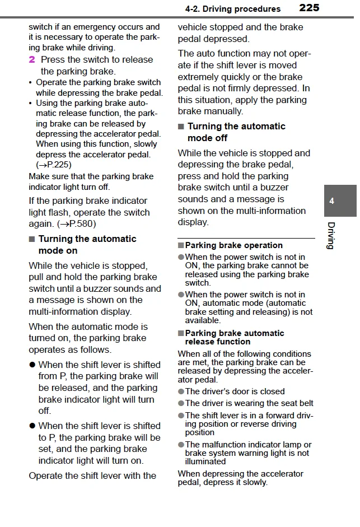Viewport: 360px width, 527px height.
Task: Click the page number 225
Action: pyautogui.click(x=309, y=8)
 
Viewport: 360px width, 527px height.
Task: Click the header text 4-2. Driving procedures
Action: pyautogui.click(x=232, y=9)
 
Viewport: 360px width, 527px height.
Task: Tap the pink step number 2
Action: pyautogui.click(x=32, y=59)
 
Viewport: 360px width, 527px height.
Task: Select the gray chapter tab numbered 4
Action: pyautogui.click(x=332, y=201)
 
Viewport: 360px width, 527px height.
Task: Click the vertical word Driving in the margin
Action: pyautogui.click(x=331, y=236)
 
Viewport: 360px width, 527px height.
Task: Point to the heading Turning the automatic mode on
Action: pyautogui.click(x=87, y=245)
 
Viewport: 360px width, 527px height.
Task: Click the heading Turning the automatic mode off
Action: pyautogui.click(x=236, y=132)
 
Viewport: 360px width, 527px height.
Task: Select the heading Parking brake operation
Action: pyautogui.click(x=233, y=245)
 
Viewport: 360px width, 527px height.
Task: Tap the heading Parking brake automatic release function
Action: pyautogui.click(x=234, y=337)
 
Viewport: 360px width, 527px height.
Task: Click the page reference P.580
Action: pyautogui.click(x=81, y=224)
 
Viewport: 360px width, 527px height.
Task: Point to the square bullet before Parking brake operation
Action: pyautogui.click(x=181, y=245)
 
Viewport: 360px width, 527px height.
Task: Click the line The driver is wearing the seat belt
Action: pyautogui.click(x=249, y=403)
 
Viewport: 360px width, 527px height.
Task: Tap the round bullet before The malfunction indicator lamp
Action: pyautogui.click(x=181, y=445)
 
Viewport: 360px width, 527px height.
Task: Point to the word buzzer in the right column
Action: pyautogui.click(x=274, y=188)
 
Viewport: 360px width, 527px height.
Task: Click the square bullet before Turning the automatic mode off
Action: pyautogui.click(x=181, y=127)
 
